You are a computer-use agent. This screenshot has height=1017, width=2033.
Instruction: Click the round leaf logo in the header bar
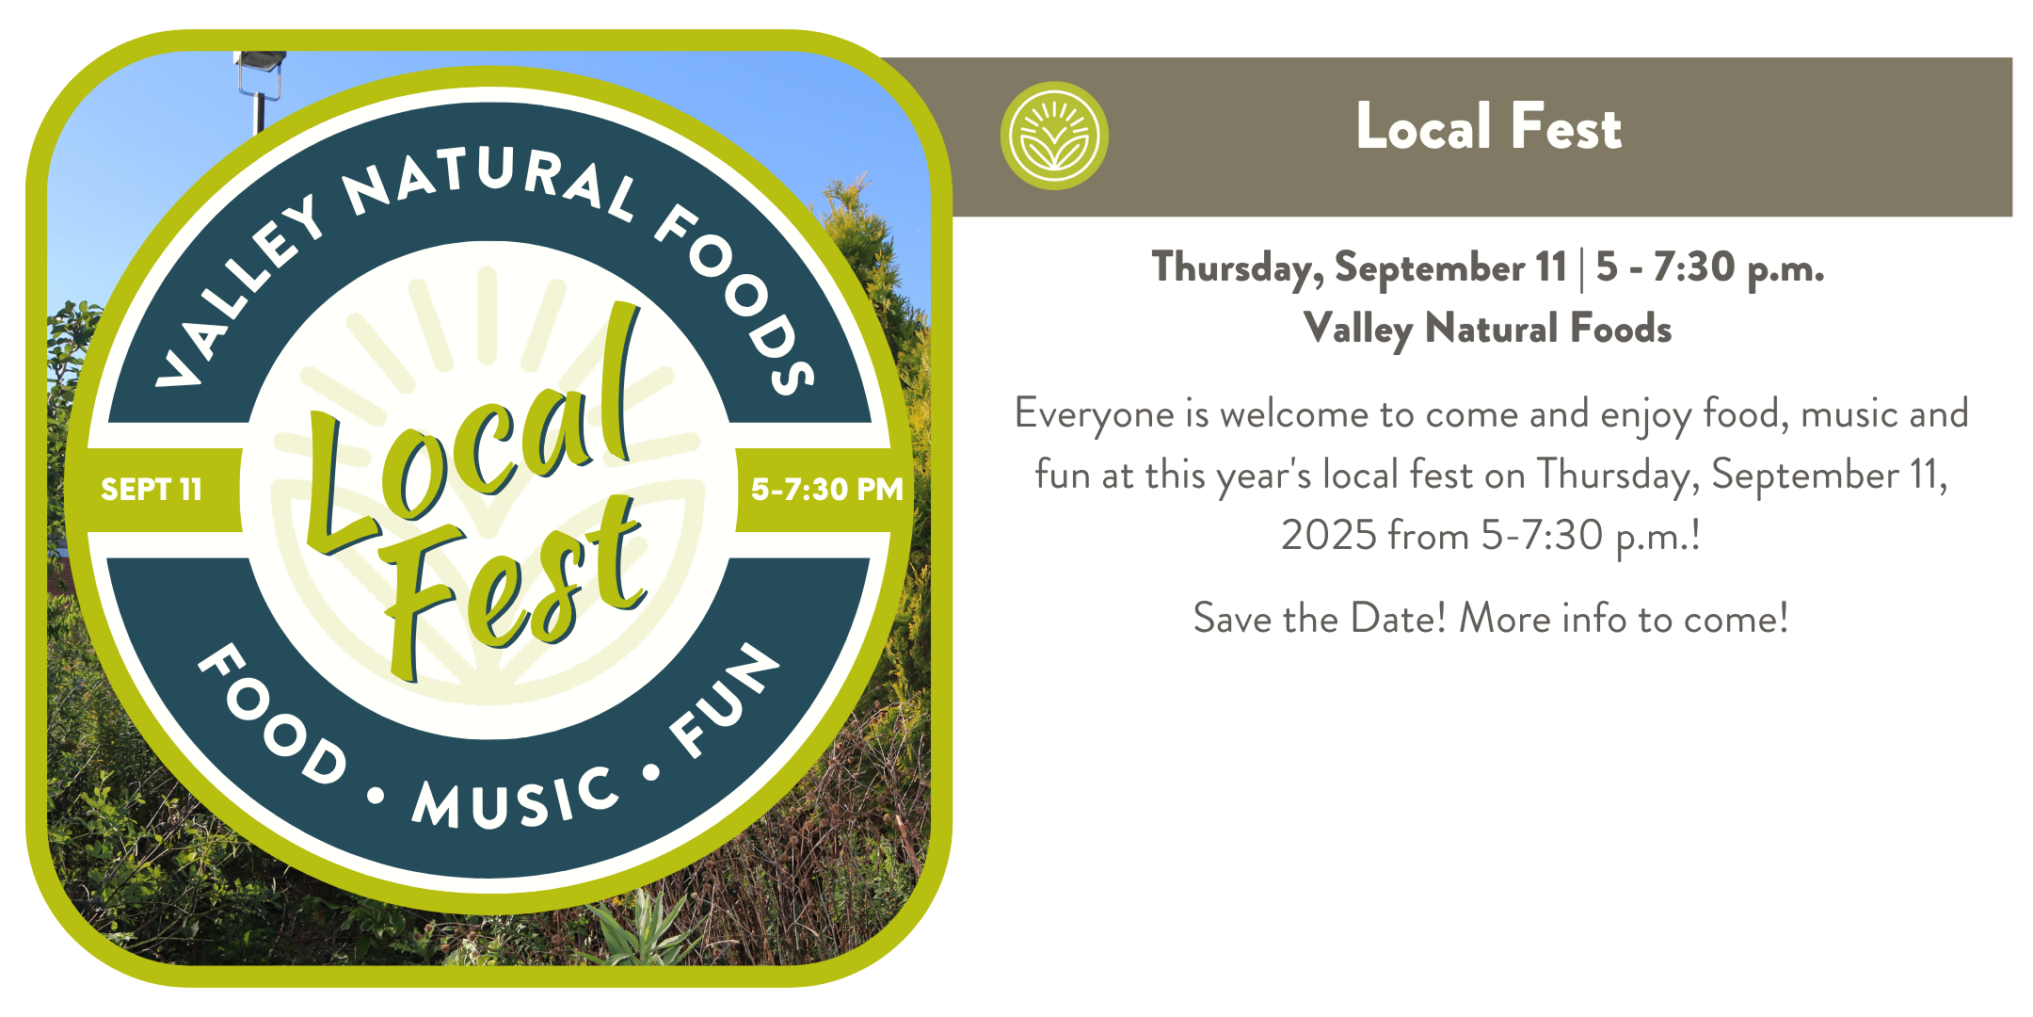pyautogui.click(x=1054, y=136)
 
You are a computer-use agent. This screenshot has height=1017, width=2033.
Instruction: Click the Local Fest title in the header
pyautogui.click(x=1489, y=127)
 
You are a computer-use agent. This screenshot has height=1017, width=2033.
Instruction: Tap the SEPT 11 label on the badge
pyautogui.click(x=152, y=490)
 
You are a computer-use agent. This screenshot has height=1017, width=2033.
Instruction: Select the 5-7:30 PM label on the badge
pyautogui.click(x=826, y=490)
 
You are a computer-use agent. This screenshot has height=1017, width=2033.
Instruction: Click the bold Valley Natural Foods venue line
pyautogui.click(x=1488, y=330)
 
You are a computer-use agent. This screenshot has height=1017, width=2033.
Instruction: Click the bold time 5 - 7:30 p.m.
pyautogui.click(x=1710, y=268)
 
